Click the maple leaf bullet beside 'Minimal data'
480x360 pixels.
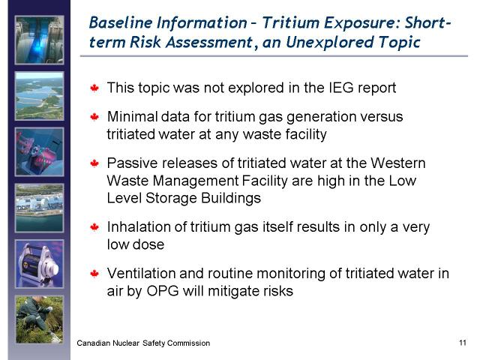click(x=94, y=117)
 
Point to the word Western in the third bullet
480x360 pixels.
click(x=398, y=163)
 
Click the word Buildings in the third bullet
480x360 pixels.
click(x=231, y=198)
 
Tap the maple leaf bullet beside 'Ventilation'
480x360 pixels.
click(x=94, y=273)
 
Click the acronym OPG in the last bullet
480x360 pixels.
click(x=163, y=291)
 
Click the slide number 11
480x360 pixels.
click(x=463, y=343)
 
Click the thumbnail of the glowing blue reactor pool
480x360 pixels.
click(x=40, y=40)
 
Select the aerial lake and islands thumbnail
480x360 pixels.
click(x=40, y=96)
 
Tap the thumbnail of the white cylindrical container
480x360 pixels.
click(x=40, y=264)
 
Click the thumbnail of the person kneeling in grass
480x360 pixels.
click(x=40, y=320)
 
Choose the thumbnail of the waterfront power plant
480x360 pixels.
click(x=40, y=208)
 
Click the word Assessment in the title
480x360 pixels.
click(x=209, y=42)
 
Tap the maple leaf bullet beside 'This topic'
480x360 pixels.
click(x=94, y=88)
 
